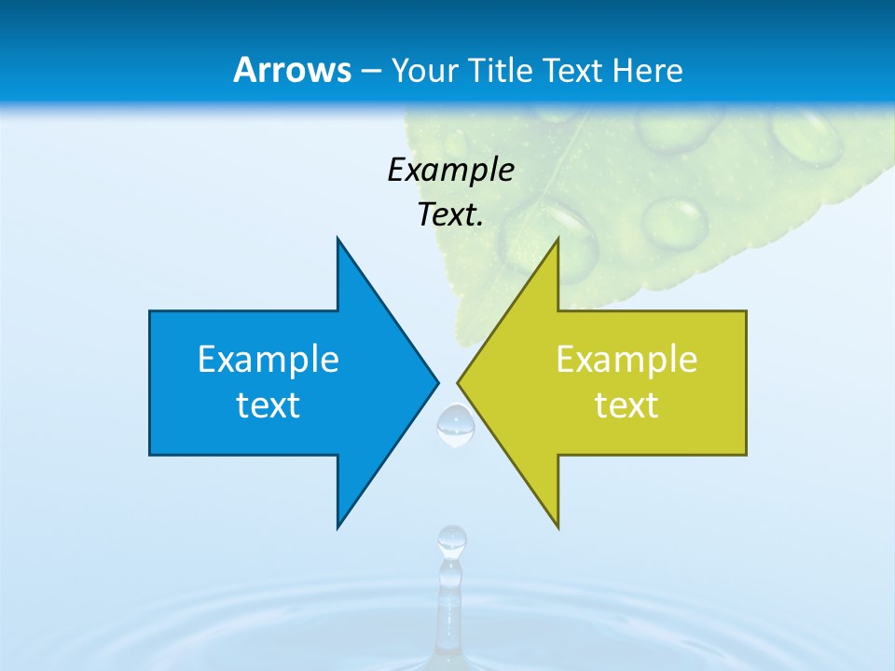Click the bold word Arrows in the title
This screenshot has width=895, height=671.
click(292, 70)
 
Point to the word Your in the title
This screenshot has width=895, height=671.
click(425, 71)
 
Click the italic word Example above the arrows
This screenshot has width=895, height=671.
click(450, 170)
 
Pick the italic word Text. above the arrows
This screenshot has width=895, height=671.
click(450, 214)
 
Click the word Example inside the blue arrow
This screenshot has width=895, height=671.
click(268, 359)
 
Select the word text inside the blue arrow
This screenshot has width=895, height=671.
click(268, 405)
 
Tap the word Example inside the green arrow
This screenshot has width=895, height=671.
click(626, 359)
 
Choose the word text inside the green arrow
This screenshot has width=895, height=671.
click(626, 405)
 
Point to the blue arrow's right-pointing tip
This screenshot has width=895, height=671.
click(436, 382)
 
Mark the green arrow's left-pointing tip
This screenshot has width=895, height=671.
click(459, 382)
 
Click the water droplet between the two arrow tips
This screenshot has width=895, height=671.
click(456, 425)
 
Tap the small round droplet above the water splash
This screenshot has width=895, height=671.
click(452, 538)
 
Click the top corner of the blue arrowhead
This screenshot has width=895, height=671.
click(337, 239)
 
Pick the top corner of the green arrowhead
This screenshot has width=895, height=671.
click(558, 239)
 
